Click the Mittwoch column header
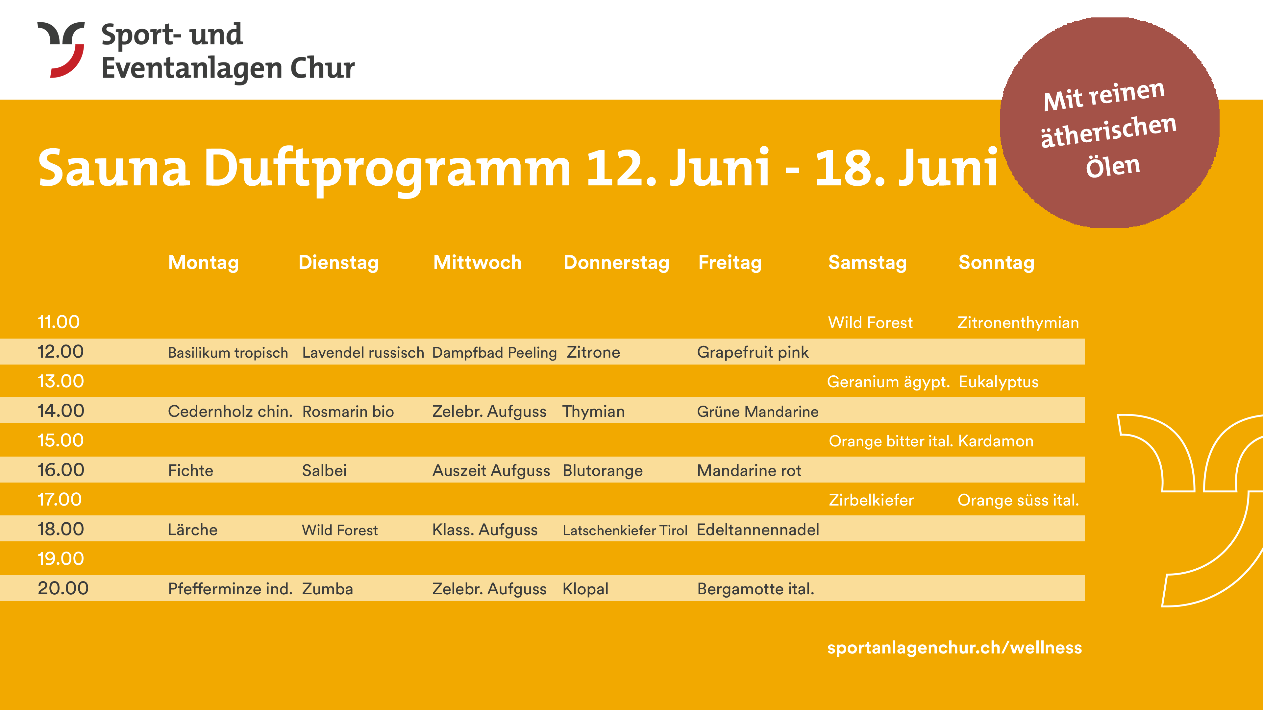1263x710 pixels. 478,262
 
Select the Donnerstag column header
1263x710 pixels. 616,263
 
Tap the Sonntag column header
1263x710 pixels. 996,263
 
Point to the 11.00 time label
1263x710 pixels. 58,322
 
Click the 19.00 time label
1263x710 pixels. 61,558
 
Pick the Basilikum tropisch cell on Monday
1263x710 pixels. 228,353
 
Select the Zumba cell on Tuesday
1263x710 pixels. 328,588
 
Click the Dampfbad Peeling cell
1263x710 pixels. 494,353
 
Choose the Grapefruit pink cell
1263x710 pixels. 753,353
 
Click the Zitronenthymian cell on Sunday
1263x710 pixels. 1018,323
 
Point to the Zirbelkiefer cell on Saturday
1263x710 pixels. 871,500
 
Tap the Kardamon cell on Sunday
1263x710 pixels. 996,441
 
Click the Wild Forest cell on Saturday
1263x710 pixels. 870,323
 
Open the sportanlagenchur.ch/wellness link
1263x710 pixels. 954,648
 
